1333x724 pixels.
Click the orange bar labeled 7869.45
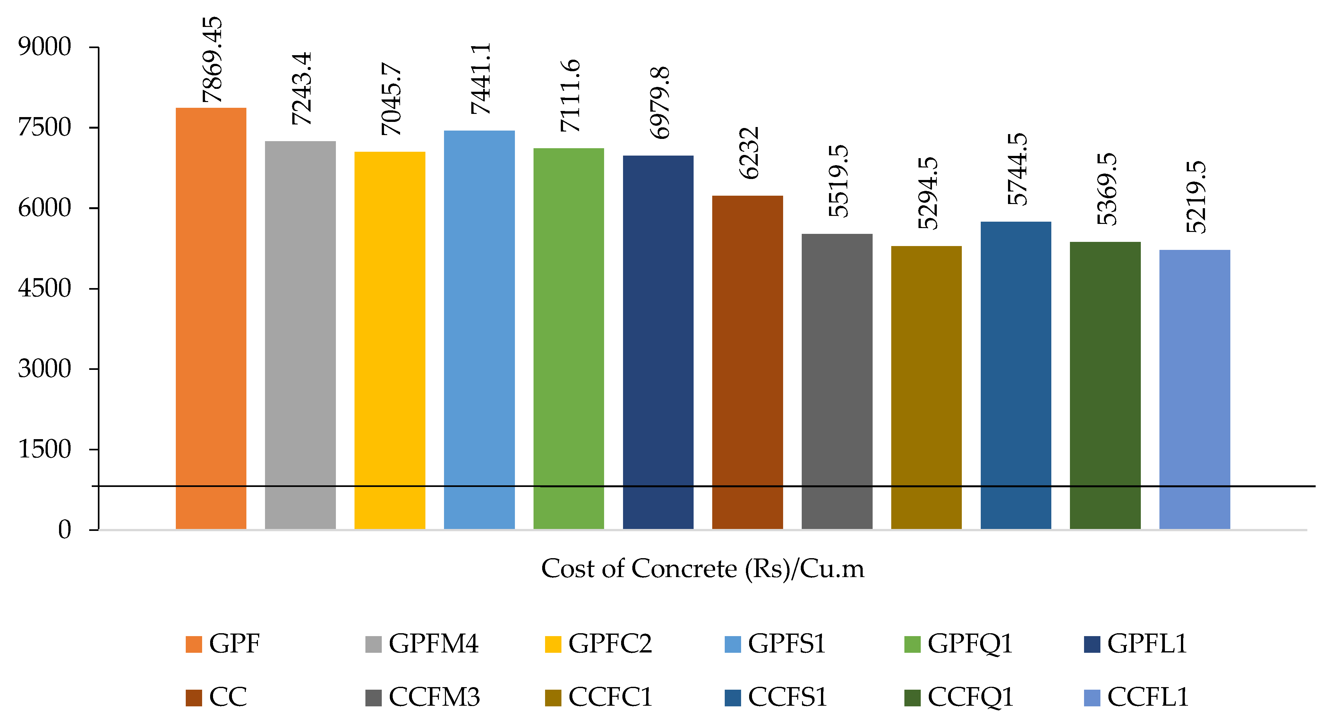pos(211,318)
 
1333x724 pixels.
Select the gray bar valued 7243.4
pos(300,335)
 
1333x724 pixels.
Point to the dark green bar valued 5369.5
pos(1105,386)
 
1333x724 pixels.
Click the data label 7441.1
pos(480,79)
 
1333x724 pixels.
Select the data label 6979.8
pos(659,102)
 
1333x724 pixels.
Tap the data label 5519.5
pos(838,181)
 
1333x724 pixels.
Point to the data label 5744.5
pos(1017,169)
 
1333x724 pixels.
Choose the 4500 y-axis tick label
pos(45,288)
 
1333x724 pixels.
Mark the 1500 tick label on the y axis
pos(45,449)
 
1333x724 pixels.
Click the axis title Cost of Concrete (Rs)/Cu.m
pos(703,569)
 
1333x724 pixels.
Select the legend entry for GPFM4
pos(422,644)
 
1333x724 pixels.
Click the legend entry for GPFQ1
pos(958,644)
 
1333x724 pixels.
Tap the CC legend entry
pos(216,697)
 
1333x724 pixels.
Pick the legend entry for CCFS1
pos(776,697)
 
